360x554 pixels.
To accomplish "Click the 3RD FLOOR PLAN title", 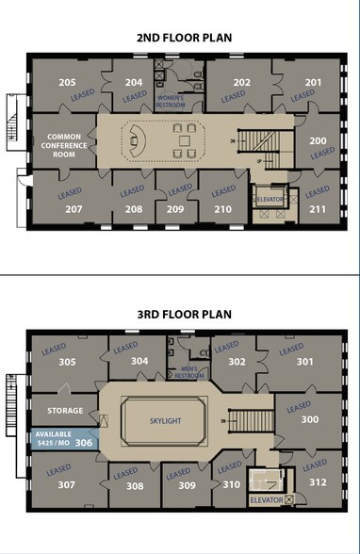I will click(179, 314).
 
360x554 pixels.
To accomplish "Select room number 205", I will click(67, 83).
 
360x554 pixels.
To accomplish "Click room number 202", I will click(242, 83).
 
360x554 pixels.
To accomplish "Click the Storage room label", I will click(64, 410).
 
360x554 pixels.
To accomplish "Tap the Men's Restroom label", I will click(183, 372).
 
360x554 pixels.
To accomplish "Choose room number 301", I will click(304, 361).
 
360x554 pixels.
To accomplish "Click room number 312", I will click(318, 483).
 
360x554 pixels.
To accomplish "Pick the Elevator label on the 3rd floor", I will click(267, 500).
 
